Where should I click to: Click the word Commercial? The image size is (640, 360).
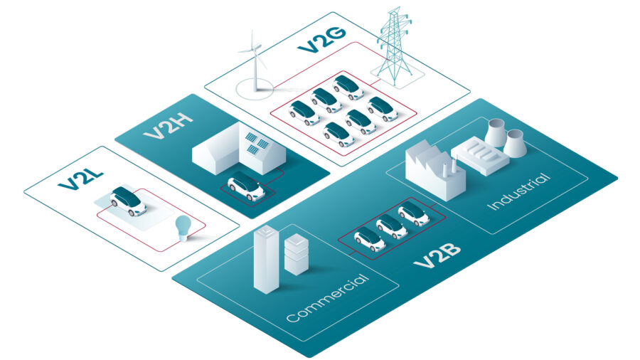(x=328, y=297)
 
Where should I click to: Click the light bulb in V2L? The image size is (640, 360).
(x=184, y=228)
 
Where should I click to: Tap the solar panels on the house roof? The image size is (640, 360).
(x=257, y=142)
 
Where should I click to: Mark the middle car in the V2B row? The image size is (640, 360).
(x=391, y=226)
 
